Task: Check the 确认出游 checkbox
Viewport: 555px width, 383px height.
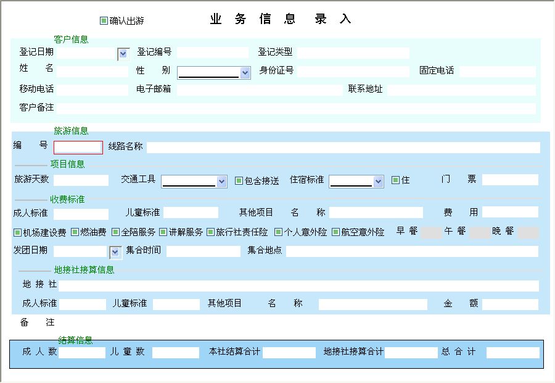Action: (104, 20)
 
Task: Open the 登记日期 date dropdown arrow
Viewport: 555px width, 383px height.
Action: (123, 54)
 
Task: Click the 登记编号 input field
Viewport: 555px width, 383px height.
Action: (212, 53)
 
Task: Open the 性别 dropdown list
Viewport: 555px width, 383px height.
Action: (245, 73)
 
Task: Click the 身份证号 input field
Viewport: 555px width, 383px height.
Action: (353, 71)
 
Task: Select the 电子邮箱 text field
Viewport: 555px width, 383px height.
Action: (260, 90)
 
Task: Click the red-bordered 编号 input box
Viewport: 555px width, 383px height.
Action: (78, 148)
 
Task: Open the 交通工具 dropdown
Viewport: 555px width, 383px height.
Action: (221, 182)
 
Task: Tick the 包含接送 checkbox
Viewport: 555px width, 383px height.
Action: (239, 181)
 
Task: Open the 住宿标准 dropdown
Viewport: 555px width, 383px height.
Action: (378, 182)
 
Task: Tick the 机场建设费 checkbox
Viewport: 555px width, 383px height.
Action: (17, 232)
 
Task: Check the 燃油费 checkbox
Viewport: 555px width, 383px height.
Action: (75, 232)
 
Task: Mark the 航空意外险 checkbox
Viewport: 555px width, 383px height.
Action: (335, 232)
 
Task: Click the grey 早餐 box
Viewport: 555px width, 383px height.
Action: (431, 233)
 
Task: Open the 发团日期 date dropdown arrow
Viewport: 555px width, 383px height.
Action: (115, 252)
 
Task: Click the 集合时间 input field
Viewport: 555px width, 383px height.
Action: (203, 251)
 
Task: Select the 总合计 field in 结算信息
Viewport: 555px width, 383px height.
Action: (513, 353)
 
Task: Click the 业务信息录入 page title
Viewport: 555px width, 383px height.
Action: (281, 19)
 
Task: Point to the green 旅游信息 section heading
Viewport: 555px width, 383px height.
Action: (71, 131)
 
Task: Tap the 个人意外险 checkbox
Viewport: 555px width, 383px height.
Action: (279, 232)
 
